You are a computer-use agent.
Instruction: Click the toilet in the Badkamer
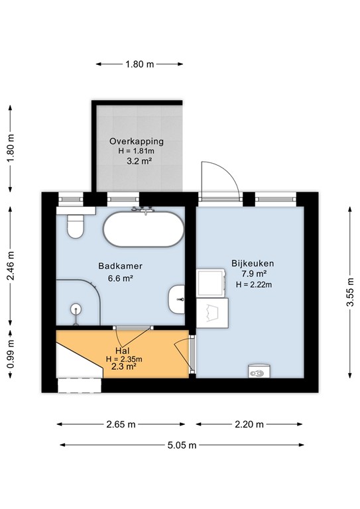click(74, 225)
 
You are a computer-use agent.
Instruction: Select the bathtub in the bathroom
click(143, 229)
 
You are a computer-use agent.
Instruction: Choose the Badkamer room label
click(121, 266)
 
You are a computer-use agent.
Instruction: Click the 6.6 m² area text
click(121, 278)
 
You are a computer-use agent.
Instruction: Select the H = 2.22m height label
click(254, 284)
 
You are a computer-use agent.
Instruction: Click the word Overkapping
click(137, 142)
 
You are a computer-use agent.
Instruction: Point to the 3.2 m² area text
click(137, 162)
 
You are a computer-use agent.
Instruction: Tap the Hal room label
click(121, 350)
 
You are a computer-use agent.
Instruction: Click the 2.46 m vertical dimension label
click(10, 265)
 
